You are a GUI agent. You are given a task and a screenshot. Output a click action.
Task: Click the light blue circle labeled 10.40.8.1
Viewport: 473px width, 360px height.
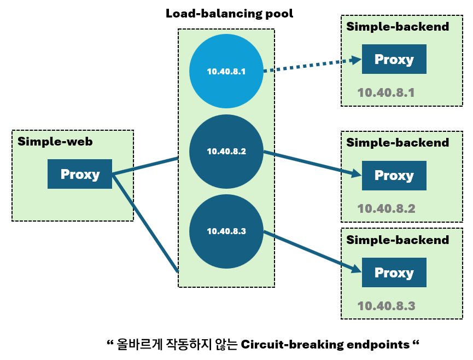[226, 71]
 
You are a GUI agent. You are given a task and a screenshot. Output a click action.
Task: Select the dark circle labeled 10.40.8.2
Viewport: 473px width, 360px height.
[226, 152]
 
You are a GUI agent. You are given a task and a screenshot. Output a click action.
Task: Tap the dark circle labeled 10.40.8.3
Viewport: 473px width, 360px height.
[226, 231]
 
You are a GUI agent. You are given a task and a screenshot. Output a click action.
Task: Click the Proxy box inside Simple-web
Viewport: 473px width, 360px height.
[80, 174]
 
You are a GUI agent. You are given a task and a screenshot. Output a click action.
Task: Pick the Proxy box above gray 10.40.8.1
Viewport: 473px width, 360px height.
[394, 60]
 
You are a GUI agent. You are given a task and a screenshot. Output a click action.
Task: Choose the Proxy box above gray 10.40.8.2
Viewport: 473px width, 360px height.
[394, 175]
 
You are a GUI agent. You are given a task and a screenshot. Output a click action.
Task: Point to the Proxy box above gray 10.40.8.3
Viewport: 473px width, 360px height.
[394, 272]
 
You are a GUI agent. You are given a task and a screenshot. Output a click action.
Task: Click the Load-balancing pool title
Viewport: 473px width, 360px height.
[229, 14]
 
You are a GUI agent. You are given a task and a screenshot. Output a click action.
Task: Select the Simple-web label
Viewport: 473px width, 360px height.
[55, 142]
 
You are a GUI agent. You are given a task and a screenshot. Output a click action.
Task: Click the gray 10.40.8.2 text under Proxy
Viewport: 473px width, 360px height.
[386, 208]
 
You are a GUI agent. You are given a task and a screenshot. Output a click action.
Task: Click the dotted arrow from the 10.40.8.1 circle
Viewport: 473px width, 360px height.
[312, 65]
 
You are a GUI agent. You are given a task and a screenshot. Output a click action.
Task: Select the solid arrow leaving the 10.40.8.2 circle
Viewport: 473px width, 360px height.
[312, 164]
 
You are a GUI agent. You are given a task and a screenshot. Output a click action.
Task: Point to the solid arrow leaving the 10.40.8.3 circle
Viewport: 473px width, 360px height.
[312, 251]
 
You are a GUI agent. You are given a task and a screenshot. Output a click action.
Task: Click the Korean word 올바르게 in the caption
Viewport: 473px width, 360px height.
[139, 345]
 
